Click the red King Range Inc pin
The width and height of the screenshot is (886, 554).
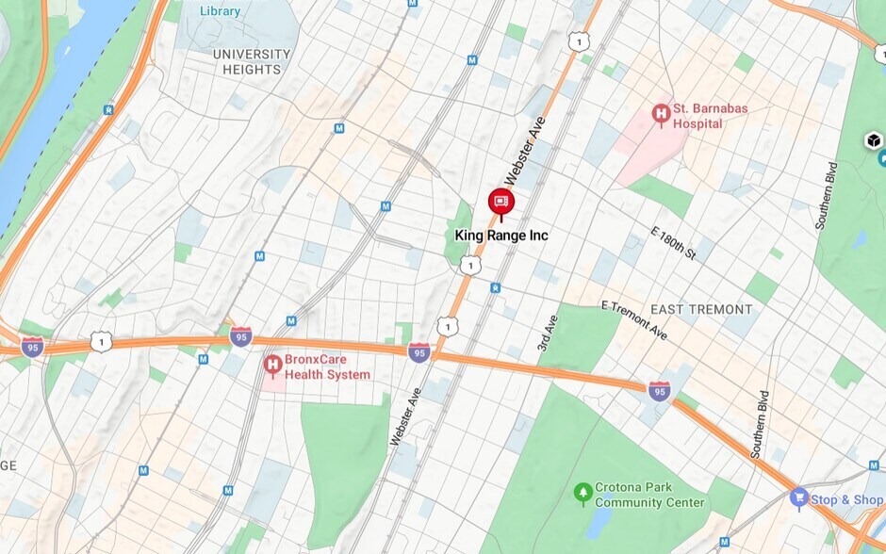(500, 202)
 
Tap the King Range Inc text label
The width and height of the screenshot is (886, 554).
(500, 235)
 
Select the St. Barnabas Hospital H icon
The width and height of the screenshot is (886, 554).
(661, 115)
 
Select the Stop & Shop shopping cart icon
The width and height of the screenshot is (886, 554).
(799, 497)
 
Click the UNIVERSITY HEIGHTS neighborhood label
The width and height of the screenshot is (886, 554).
(252, 61)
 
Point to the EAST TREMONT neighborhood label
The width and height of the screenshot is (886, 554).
(701, 309)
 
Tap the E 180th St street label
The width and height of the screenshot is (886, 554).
(673, 243)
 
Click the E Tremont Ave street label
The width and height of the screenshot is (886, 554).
(633, 321)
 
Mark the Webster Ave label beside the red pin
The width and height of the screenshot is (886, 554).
(525, 151)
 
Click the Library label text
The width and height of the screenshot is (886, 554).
(221, 11)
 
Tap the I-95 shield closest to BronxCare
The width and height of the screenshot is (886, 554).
(241, 336)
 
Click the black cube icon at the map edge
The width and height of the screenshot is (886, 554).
(874, 141)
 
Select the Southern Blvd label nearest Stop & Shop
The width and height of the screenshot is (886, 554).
(760, 424)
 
